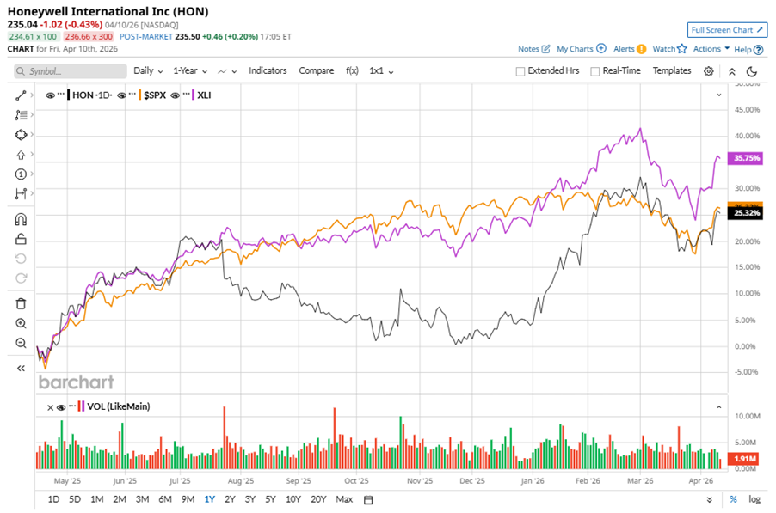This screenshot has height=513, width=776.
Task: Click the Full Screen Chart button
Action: click(x=728, y=30)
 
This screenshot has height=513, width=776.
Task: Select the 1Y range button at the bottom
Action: click(x=209, y=499)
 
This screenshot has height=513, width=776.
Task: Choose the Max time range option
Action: click(x=344, y=499)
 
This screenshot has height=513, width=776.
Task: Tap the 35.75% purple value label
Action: click(x=743, y=158)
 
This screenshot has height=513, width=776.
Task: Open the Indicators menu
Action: click(x=268, y=70)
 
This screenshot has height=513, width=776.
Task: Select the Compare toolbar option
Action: click(x=316, y=70)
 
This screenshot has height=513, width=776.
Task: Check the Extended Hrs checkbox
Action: click(x=520, y=71)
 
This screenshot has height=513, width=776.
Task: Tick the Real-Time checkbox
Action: click(x=594, y=71)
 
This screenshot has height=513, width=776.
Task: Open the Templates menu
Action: click(x=672, y=70)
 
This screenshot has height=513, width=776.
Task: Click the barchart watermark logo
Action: click(x=76, y=382)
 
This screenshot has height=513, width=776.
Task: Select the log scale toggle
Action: click(x=754, y=499)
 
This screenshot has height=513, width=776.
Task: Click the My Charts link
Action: click(x=581, y=49)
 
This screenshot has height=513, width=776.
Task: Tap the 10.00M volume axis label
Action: click(x=744, y=416)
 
